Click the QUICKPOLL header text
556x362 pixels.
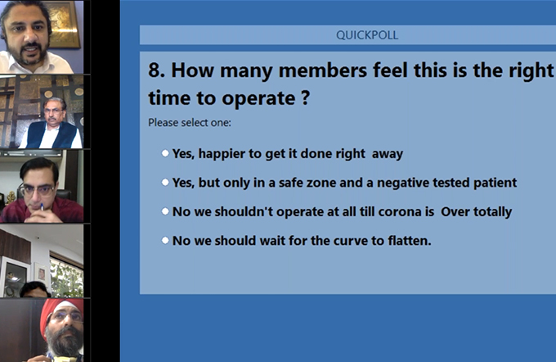coord(367,35)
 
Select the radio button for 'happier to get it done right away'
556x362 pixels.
coord(165,153)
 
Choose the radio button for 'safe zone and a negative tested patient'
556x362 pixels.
coord(165,183)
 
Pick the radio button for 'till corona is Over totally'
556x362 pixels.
coord(165,211)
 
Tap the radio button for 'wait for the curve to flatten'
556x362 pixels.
coord(165,241)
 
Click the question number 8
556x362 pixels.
coord(156,70)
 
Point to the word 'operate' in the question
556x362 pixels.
coord(258,98)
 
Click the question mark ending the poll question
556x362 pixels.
coord(306,97)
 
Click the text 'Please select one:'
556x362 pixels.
coord(190,123)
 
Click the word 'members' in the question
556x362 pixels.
coord(323,70)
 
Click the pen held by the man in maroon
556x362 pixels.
coord(42,206)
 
